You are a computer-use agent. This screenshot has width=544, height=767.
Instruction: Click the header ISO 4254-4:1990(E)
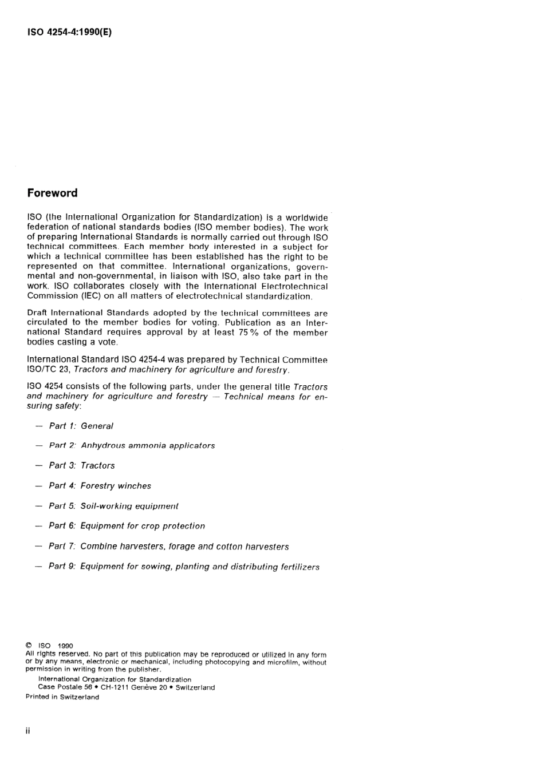click(x=69, y=32)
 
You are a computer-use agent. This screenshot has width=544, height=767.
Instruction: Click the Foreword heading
click(x=52, y=193)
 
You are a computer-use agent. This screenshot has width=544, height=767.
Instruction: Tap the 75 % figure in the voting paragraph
click(x=249, y=333)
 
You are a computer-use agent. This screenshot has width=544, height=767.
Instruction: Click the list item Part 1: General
click(x=81, y=426)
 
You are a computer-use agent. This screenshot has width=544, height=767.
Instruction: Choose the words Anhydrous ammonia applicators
click(x=148, y=445)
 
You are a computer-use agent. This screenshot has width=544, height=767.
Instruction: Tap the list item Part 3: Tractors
click(x=81, y=465)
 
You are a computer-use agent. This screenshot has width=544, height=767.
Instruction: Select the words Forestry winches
click(x=116, y=486)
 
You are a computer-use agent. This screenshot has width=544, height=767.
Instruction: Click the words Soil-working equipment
click(x=129, y=506)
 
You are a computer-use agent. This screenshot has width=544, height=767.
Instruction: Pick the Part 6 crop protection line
click(x=127, y=526)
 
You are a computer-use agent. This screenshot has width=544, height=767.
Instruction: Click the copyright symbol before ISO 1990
click(x=29, y=646)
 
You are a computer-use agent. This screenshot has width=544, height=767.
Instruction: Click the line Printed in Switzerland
click(x=62, y=697)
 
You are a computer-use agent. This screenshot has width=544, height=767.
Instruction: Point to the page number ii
click(x=28, y=732)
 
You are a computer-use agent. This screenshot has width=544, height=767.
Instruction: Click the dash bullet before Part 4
click(x=38, y=486)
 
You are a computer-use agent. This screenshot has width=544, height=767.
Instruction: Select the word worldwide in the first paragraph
click(x=306, y=218)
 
